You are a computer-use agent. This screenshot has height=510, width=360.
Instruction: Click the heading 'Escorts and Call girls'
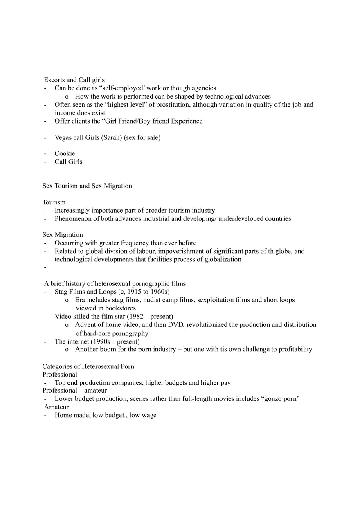74,80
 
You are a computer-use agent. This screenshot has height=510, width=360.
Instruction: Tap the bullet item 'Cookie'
65,153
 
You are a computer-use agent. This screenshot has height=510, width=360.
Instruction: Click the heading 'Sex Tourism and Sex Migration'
87,186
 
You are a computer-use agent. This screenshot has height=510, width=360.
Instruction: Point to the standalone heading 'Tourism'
54,202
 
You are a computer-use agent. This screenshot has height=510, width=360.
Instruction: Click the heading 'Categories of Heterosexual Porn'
88,366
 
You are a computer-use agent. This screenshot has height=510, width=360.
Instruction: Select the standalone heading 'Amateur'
56,407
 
